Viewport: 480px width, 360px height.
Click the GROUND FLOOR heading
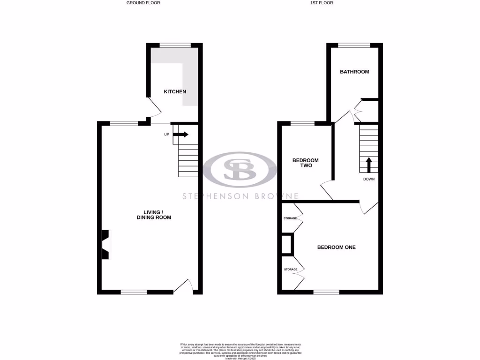click(143, 3)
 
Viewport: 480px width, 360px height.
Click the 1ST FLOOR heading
click(322, 3)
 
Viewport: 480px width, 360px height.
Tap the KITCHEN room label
click(175, 91)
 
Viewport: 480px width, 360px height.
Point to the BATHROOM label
click(354, 72)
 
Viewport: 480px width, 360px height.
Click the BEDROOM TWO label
click(302, 163)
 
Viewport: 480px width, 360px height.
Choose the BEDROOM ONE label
click(336, 247)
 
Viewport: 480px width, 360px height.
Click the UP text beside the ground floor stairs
click(166, 135)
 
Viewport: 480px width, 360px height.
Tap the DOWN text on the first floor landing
click(368, 179)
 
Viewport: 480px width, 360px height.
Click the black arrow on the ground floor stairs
click(181, 135)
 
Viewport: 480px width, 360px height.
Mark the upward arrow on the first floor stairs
click(368, 165)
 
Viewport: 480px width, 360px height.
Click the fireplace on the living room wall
click(105, 244)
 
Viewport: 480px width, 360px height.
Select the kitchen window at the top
click(175, 45)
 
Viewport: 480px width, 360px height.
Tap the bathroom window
click(354, 45)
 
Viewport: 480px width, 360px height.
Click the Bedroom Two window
click(302, 123)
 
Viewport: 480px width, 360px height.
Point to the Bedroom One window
click(326, 292)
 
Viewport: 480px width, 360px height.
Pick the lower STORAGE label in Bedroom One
click(291, 270)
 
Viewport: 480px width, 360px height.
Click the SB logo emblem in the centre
click(240, 169)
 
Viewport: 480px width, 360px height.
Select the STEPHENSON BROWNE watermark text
click(240, 196)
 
